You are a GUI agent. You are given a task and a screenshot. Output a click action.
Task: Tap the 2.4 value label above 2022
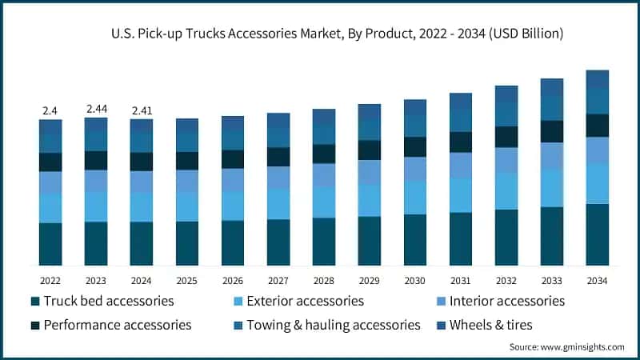[50, 110]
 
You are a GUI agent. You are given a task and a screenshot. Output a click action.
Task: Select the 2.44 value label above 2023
[96, 108]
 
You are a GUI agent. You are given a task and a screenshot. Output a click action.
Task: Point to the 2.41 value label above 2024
[142, 110]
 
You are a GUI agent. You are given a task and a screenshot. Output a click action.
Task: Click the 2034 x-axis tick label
[597, 281]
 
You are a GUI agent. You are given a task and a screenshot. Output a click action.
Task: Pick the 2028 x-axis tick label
[324, 281]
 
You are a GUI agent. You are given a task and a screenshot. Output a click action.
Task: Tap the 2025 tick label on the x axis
[187, 281]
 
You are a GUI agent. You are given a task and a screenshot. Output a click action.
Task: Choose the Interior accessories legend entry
[505, 301]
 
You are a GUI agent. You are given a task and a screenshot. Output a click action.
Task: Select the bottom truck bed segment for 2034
[597, 234]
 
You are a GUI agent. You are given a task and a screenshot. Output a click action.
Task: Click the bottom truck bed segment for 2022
[50, 244]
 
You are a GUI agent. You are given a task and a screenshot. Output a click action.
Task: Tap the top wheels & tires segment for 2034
[597, 79]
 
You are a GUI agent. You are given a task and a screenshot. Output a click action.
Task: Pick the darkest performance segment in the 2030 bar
[415, 146]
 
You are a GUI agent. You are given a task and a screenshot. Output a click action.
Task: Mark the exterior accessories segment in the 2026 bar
[233, 206]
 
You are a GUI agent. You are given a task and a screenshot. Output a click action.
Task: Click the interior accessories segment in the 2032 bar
[506, 160]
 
